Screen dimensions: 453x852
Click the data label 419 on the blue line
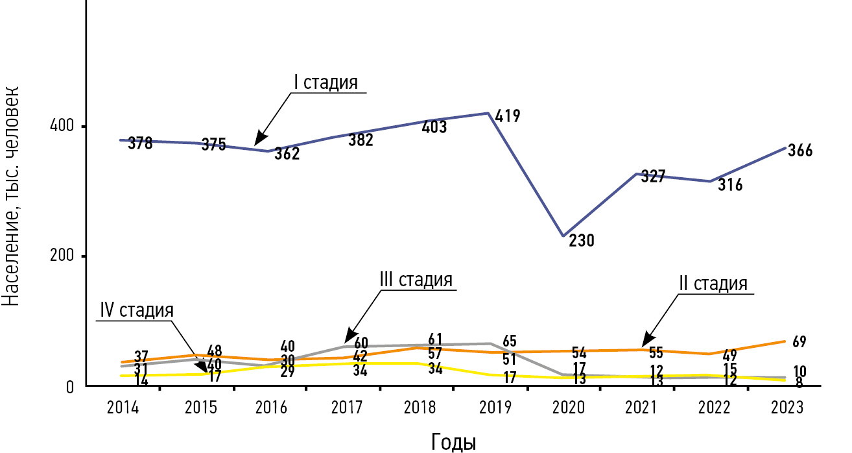507,116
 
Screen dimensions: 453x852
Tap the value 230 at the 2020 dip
582,241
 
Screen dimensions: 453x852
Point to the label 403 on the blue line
434,127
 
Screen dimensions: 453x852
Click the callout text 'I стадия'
326,83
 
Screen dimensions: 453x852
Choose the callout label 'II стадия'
713,284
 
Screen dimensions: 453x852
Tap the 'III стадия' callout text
416,280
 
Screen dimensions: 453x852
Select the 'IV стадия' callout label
137,310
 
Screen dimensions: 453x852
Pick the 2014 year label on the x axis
123,408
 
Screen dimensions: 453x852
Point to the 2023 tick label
788,408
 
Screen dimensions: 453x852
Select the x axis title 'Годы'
454,442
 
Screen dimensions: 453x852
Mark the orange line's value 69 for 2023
799,342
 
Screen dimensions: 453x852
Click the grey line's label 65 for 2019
510,342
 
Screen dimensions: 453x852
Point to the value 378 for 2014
140,143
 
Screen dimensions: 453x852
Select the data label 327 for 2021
653,176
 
